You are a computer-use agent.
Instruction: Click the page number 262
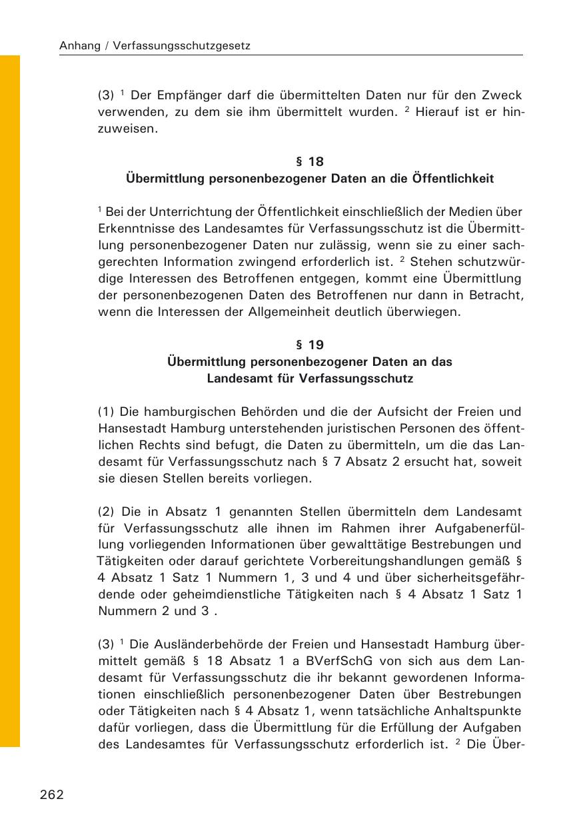coord(52,794)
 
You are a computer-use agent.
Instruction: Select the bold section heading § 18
coord(309,161)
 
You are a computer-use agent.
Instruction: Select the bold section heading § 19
coord(309,345)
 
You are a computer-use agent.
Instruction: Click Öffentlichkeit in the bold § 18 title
coord(453,179)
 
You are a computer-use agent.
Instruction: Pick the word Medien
coord(470,212)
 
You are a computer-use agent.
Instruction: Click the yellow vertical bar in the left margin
coord(10,400)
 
